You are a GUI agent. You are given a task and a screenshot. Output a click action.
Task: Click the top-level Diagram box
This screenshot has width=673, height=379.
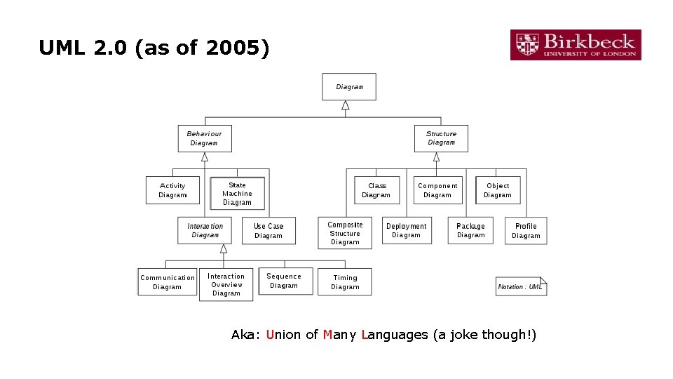coord(349,87)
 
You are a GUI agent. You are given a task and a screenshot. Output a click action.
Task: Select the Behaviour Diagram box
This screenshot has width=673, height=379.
coord(204,138)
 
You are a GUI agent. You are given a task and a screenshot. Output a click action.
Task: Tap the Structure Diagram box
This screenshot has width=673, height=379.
coord(441,138)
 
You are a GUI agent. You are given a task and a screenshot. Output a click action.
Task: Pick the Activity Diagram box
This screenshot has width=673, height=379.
coord(172,190)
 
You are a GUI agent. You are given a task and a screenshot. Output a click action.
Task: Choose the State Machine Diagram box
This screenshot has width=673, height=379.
coord(237,194)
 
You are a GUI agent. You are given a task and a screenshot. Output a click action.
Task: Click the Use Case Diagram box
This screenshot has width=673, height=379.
coord(268,231)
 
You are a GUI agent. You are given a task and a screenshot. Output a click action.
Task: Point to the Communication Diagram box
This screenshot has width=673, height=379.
coord(167,282)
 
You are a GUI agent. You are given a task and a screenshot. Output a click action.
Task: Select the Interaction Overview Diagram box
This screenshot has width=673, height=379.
coord(226,285)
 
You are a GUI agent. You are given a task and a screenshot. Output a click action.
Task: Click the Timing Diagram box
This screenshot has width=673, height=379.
coord(345,282)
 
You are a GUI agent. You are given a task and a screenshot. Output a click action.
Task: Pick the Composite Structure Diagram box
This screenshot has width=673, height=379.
coord(345,234)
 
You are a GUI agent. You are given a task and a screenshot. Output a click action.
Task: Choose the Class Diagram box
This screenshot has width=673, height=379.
coord(376,190)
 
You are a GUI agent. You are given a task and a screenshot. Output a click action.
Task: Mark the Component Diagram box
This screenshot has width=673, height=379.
coord(437,190)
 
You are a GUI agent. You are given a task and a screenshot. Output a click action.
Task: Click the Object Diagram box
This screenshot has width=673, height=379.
coord(498,190)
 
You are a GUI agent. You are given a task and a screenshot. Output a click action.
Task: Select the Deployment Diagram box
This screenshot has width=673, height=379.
coord(406,230)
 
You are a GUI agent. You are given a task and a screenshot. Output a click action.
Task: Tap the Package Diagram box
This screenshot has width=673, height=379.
coord(470,230)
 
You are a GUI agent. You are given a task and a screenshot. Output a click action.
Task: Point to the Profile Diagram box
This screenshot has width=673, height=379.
coord(526,230)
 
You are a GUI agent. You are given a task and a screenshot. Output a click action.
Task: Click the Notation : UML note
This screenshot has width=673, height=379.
coord(521,286)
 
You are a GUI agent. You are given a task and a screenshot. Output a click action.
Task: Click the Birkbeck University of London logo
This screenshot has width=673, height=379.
coord(575,45)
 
